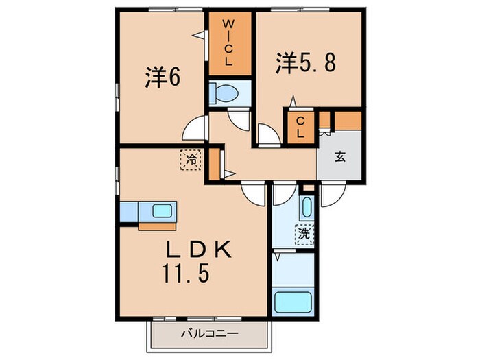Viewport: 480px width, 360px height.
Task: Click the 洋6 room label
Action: [x=163, y=79]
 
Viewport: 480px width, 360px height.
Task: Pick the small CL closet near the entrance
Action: [x=300, y=126]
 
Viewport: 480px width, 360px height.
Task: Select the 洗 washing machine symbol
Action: [x=304, y=233]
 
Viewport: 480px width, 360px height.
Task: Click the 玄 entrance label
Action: [x=339, y=156]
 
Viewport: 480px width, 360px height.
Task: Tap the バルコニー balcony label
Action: [x=209, y=334]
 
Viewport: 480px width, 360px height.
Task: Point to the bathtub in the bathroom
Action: [x=293, y=302]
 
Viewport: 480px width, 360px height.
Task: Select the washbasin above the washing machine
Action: [x=307, y=207]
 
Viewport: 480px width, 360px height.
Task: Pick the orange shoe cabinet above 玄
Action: [x=347, y=119]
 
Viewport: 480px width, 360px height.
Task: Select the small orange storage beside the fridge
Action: [x=213, y=165]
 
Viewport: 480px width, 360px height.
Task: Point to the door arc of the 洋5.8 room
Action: [x=269, y=134]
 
